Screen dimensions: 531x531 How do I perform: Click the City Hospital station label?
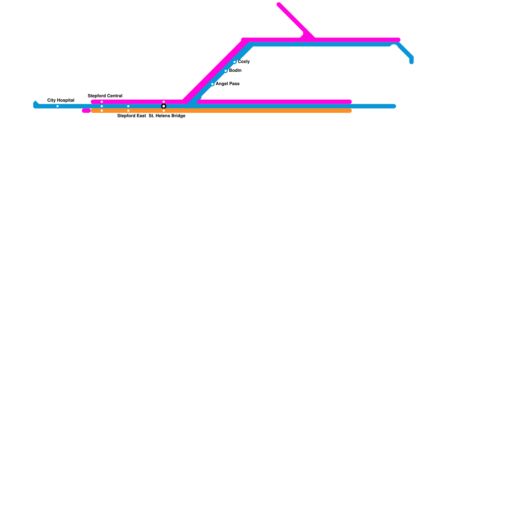click(x=61, y=100)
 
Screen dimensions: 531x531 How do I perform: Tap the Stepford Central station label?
click(x=105, y=96)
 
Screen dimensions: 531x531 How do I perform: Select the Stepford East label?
click(x=131, y=116)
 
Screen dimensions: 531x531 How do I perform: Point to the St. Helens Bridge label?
click(x=167, y=116)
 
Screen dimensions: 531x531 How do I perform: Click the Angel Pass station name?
click(x=227, y=84)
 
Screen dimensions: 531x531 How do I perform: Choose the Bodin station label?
click(x=235, y=71)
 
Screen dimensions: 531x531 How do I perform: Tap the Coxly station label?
click(x=244, y=62)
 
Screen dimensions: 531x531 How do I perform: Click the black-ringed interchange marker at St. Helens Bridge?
click(x=164, y=106)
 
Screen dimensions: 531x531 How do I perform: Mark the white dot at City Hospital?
click(x=57, y=106)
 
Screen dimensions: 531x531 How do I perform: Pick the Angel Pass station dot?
click(x=212, y=84)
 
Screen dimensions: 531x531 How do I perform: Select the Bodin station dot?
click(x=226, y=71)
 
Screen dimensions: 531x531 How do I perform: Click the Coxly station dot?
click(x=235, y=62)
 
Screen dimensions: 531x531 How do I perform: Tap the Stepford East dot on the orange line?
click(x=128, y=111)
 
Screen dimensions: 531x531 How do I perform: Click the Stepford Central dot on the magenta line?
click(x=102, y=102)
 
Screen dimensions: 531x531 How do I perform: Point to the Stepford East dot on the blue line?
click(x=128, y=106)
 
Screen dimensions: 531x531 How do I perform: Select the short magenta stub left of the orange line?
click(x=86, y=111)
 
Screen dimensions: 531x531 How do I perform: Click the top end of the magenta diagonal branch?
click(x=279, y=4)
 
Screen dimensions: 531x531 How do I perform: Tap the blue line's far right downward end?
click(x=412, y=62)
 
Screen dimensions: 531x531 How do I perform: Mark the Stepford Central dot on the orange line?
click(x=102, y=111)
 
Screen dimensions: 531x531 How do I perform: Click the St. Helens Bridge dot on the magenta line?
click(x=164, y=102)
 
